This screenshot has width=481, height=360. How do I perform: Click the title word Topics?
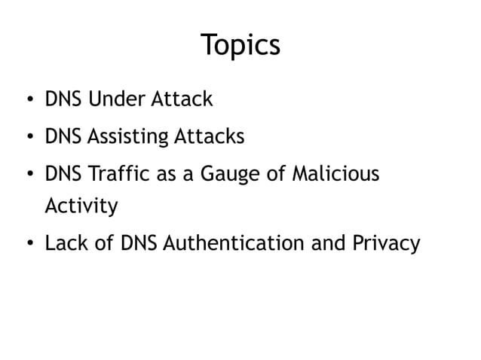tap(240, 45)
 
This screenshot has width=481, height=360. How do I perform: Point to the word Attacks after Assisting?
tap(210, 137)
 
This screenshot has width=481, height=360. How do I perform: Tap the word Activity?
tap(81, 206)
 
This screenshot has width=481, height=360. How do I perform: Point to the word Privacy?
tap(384, 244)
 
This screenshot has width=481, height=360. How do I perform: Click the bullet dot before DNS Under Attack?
tap(28, 99)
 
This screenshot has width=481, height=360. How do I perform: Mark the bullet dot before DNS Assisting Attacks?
tap(28, 138)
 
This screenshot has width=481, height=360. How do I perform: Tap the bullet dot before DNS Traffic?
tap(28, 175)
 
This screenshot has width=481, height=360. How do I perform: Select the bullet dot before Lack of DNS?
tap(28, 244)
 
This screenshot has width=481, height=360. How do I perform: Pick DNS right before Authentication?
tap(140, 243)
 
